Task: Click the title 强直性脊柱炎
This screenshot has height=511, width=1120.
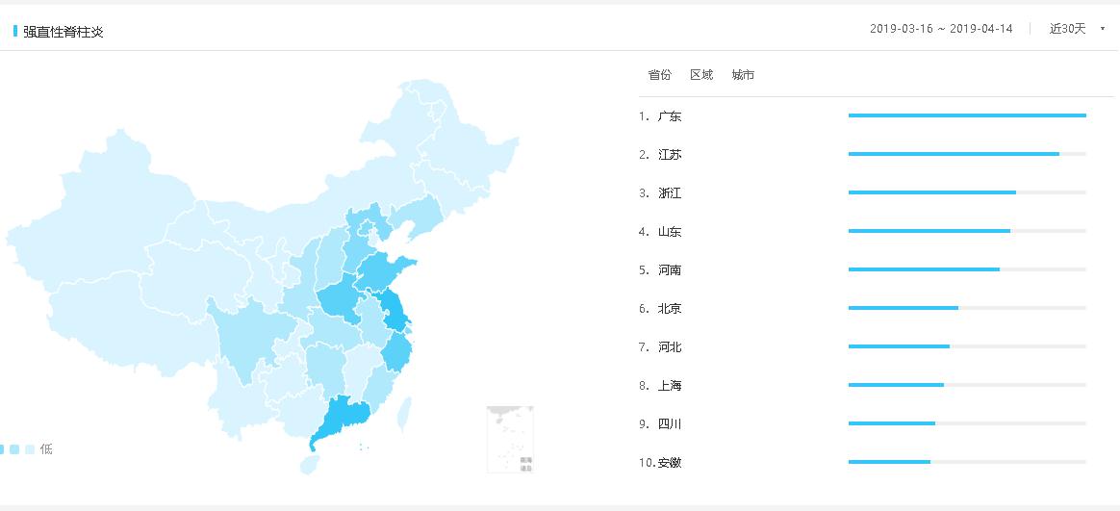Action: pyautogui.click(x=64, y=32)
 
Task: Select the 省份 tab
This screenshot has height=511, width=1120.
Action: pyautogui.click(x=659, y=75)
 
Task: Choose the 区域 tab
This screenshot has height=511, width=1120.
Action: pyautogui.click(x=701, y=75)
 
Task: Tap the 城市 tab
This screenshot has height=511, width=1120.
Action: pyautogui.click(x=743, y=75)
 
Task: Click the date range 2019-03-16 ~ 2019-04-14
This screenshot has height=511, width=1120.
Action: pyautogui.click(x=941, y=29)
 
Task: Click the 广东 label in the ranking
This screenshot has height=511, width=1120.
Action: pyautogui.click(x=670, y=116)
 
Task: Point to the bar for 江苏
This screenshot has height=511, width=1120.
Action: pyautogui.click(x=954, y=154)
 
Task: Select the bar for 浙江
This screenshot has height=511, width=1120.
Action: pyautogui.click(x=931, y=192)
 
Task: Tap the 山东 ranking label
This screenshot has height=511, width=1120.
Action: pyautogui.click(x=670, y=232)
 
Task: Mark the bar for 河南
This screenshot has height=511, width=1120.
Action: pyautogui.click(x=924, y=269)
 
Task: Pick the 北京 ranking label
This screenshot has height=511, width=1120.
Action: pyautogui.click(x=670, y=309)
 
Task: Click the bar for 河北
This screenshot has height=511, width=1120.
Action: pyautogui.click(x=899, y=346)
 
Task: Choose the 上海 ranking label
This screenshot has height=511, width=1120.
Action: pyautogui.click(x=670, y=386)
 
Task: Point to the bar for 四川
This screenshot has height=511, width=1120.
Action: pyautogui.click(x=892, y=423)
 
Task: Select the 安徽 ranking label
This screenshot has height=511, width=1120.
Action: pyautogui.click(x=670, y=463)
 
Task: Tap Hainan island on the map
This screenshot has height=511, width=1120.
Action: pyautogui.click(x=309, y=465)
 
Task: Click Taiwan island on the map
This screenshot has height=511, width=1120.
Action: pyautogui.click(x=405, y=412)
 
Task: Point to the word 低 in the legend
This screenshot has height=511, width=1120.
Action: pyautogui.click(x=46, y=449)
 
